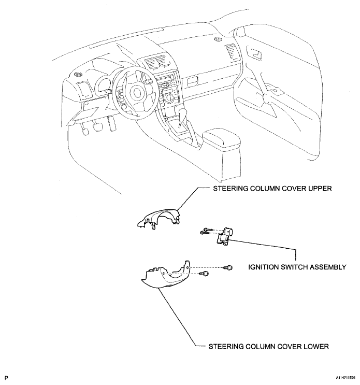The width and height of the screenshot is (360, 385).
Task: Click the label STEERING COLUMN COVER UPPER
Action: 272,189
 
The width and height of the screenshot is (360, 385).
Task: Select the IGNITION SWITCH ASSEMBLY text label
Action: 297,267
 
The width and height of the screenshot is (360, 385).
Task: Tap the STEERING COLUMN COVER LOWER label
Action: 268,347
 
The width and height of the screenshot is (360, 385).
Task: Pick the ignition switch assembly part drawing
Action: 224,236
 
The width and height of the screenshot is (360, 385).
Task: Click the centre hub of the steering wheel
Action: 136,93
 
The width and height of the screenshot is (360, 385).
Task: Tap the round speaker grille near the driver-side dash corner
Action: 79,74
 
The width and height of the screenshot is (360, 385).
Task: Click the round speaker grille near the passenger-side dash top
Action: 218,39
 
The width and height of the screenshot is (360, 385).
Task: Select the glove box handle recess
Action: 193,81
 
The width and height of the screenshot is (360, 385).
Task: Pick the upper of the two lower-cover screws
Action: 228,267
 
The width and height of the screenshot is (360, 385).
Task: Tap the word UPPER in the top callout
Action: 320,189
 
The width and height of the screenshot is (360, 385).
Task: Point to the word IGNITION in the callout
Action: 263,267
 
